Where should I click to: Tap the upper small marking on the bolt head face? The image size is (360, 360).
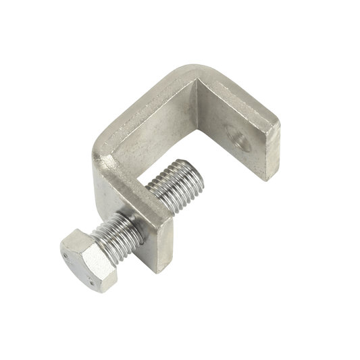66,256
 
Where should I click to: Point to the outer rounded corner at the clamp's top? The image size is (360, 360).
196,71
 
